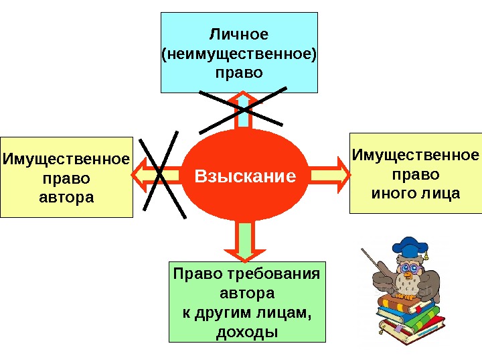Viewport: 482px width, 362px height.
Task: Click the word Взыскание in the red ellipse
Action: (245, 176)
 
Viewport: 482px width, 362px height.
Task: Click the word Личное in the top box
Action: (239, 34)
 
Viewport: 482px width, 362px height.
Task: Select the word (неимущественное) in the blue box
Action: (239, 52)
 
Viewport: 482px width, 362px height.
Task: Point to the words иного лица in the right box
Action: (416, 194)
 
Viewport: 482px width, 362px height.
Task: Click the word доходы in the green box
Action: (247, 332)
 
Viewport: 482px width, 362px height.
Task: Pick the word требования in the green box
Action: (272, 274)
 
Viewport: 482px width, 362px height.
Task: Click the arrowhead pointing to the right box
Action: (341, 172)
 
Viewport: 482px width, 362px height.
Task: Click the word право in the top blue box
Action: (239, 71)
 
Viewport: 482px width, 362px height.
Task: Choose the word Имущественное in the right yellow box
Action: (416, 156)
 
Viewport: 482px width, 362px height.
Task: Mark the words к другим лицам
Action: (247, 312)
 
